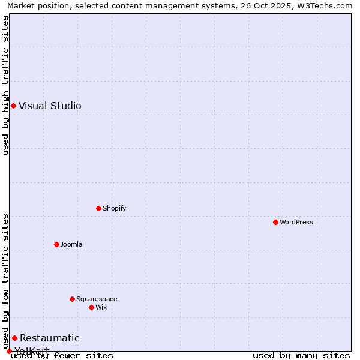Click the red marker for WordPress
coord(275,222)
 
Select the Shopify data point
coord(99,208)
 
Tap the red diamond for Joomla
coord(56,244)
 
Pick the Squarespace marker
coord(72,299)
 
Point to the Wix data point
coord(91,307)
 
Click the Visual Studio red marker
coord(13,106)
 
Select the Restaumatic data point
coord(14,338)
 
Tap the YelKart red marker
coord(9,351)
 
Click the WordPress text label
coord(296,222)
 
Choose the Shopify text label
coord(114,208)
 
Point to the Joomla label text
coord(71,244)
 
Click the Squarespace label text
coord(97,299)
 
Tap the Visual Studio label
coord(50,106)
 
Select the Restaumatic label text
coord(49,338)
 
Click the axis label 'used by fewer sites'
coord(62,355)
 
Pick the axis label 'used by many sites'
coord(301,355)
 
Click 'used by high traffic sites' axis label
coord(5,86)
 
